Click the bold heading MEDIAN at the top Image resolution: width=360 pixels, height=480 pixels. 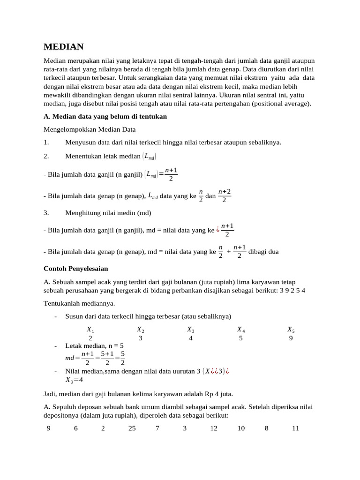tap(63, 46)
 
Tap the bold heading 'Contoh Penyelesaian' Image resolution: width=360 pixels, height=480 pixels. tap(75, 269)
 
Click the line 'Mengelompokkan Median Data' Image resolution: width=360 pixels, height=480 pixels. tap(83, 129)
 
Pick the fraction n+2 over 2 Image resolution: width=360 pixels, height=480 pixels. tap(225, 196)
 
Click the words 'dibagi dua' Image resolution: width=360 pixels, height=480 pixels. tap(263, 251)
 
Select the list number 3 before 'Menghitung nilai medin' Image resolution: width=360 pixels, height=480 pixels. tap(46, 212)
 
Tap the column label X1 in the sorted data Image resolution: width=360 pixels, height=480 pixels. tap(90, 330)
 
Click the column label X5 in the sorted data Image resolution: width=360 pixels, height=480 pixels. tap(291, 330)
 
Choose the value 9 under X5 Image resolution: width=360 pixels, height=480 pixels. tap(291, 338)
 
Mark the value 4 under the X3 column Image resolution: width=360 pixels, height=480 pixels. tap(190, 338)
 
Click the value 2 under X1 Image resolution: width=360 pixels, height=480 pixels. tap(90, 338)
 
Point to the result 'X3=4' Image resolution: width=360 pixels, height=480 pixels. tap(74, 380)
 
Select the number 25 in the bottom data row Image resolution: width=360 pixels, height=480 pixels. tap(132, 428)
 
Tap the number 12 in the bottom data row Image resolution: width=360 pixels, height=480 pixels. tap(214, 428)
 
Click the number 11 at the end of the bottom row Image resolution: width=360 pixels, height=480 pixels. tap(295, 428)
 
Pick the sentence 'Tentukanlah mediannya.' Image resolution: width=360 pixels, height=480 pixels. tap(79, 303)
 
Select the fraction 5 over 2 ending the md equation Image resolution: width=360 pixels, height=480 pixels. tap(122, 358)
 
